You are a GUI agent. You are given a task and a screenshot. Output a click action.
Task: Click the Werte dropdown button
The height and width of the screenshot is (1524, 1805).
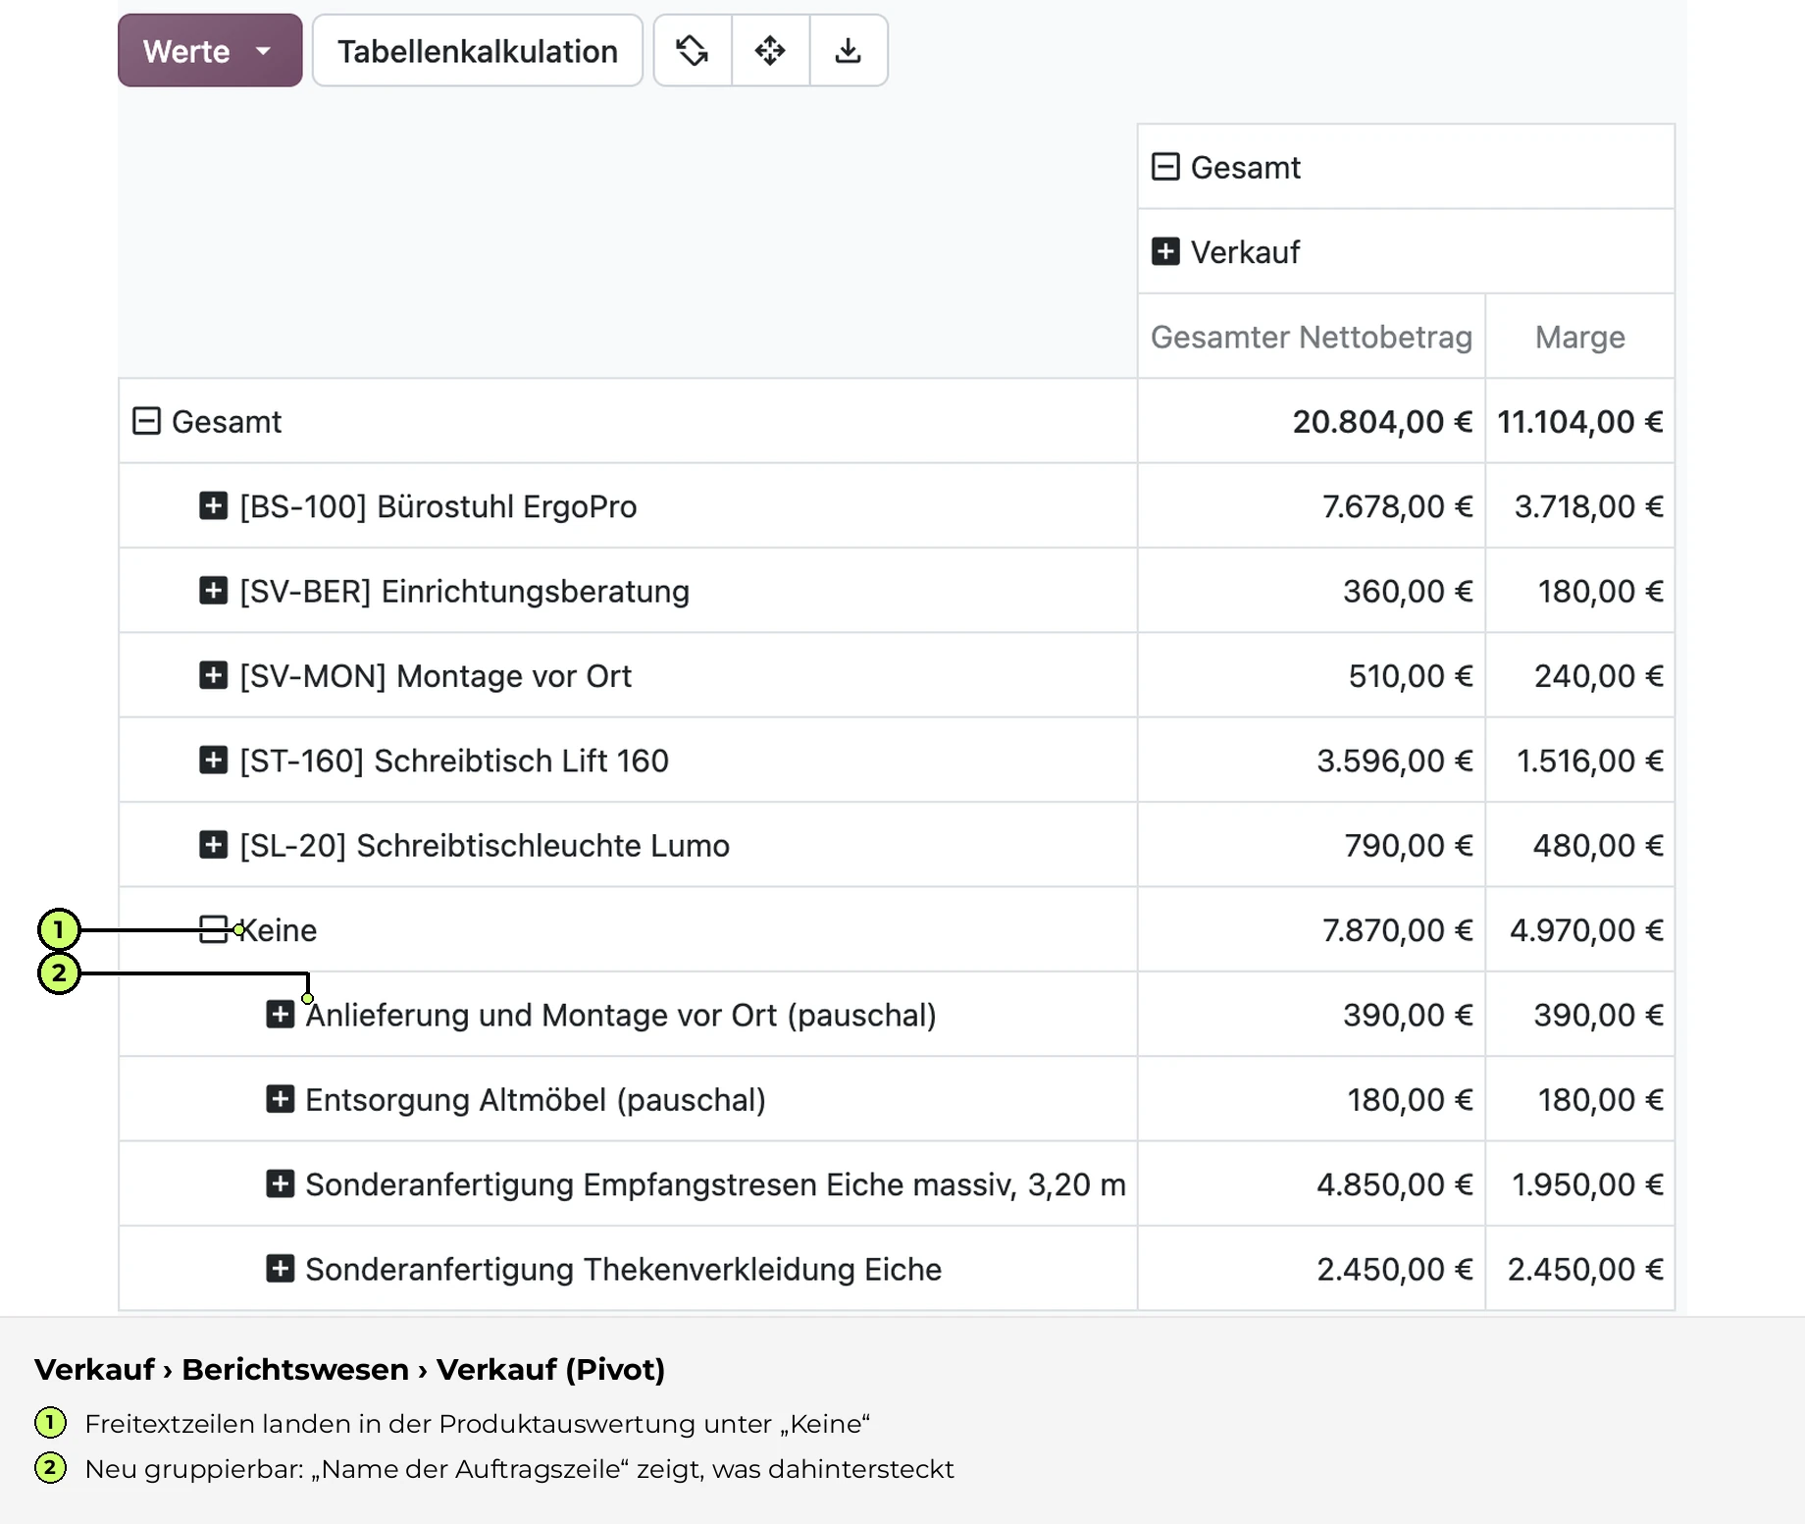click(210, 50)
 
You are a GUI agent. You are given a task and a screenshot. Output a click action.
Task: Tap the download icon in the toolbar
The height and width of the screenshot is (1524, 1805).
click(849, 50)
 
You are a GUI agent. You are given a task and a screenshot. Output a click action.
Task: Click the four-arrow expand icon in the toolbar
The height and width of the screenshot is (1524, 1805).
click(770, 50)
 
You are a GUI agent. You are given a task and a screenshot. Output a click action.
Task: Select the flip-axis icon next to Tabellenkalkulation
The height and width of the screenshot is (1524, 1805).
click(693, 50)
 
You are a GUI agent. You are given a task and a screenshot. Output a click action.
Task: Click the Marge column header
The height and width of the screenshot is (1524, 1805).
click(1579, 337)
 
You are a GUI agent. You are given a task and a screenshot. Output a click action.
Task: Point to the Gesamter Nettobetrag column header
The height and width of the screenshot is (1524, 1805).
click(1312, 337)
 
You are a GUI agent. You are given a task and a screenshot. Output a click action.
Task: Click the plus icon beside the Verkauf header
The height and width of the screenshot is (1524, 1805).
click(1165, 251)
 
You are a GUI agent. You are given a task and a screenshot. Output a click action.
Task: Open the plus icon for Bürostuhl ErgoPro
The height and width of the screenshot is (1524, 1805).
click(213, 505)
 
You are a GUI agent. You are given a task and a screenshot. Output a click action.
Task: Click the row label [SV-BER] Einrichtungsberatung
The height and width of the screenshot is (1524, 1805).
click(465, 591)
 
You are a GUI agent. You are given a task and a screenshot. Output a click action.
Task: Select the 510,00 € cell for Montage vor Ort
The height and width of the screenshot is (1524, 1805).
click(1410, 675)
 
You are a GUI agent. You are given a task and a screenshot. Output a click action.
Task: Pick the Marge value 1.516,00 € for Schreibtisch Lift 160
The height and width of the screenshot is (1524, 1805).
click(1589, 761)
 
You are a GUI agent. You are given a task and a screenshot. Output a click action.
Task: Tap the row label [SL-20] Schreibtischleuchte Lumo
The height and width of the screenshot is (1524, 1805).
click(485, 845)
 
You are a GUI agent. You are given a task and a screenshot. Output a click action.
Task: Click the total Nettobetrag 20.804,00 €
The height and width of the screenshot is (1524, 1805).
click(1382, 421)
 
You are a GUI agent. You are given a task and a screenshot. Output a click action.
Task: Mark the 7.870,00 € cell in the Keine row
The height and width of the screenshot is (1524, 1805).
click(1397, 929)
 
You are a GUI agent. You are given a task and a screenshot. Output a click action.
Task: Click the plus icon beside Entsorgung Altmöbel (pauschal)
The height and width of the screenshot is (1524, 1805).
click(280, 1099)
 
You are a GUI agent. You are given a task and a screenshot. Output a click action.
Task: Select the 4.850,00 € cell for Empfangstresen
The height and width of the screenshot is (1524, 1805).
click(1394, 1184)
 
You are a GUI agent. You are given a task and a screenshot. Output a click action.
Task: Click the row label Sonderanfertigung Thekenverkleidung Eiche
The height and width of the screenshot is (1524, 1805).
click(623, 1269)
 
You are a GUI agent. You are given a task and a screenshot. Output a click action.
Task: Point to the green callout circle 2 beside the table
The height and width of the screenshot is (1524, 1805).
click(59, 972)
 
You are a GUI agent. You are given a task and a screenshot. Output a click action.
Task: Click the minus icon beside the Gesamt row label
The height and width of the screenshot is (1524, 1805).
click(146, 421)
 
